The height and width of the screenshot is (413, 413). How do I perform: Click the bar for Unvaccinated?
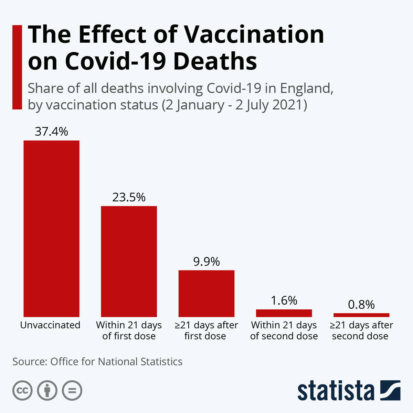click(x=51, y=229)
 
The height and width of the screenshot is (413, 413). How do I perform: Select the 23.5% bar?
click(x=129, y=261)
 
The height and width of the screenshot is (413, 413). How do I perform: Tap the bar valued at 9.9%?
click(x=206, y=293)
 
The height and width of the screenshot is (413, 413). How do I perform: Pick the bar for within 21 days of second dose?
click(x=284, y=313)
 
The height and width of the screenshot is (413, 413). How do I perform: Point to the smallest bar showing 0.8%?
click(x=361, y=315)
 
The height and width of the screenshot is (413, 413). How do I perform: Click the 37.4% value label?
click(x=51, y=131)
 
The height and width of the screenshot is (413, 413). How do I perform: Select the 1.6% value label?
click(x=284, y=300)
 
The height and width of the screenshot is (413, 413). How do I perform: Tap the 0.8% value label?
click(x=361, y=305)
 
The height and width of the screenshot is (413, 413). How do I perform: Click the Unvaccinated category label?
click(x=50, y=325)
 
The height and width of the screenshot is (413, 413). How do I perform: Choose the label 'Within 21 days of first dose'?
click(x=129, y=330)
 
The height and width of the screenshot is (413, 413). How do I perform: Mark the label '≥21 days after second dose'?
click(x=361, y=330)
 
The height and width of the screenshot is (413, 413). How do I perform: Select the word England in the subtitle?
click(x=306, y=88)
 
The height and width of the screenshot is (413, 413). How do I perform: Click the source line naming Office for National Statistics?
click(x=97, y=362)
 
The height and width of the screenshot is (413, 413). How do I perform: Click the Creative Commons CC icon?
click(x=22, y=391)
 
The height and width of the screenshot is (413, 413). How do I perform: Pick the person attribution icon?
click(x=47, y=391)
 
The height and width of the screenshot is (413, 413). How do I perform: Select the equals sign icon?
click(x=72, y=391)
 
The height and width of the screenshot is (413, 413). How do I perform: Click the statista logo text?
click(x=336, y=391)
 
